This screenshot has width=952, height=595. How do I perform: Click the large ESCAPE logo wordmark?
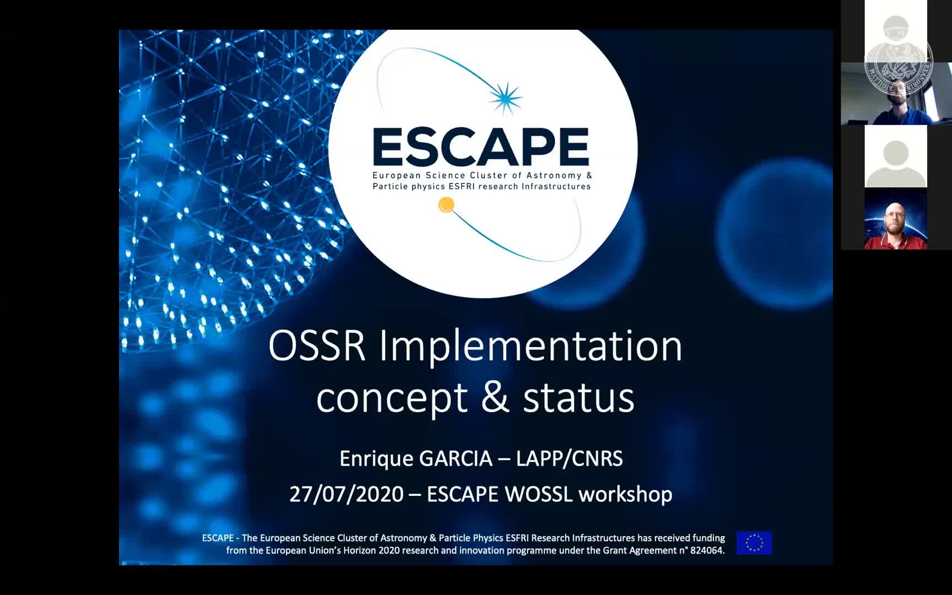pyautogui.click(x=481, y=147)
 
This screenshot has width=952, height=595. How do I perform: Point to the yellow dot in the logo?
pyautogui.click(x=446, y=205)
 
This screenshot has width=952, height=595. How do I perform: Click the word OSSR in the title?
pyautogui.click(x=317, y=346)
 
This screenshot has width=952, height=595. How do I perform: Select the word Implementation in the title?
pyautogui.click(x=531, y=347)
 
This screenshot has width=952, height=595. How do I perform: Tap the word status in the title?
pyautogui.click(x=578, y=398)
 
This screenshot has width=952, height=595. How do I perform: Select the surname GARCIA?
pyautogui.click(x=456, y=459)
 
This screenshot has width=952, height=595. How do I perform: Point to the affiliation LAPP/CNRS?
pyautogui.click(x=569, y=459)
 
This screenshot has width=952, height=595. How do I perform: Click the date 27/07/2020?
pyautogui.click(x=347, y=494)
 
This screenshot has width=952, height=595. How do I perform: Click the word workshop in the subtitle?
pyautogui.click(x=625, y=494)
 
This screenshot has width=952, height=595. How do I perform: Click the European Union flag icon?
pyautogui.click(x=754, y=543)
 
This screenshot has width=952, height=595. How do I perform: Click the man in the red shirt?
pyautogui.click(x=896, y=226)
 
